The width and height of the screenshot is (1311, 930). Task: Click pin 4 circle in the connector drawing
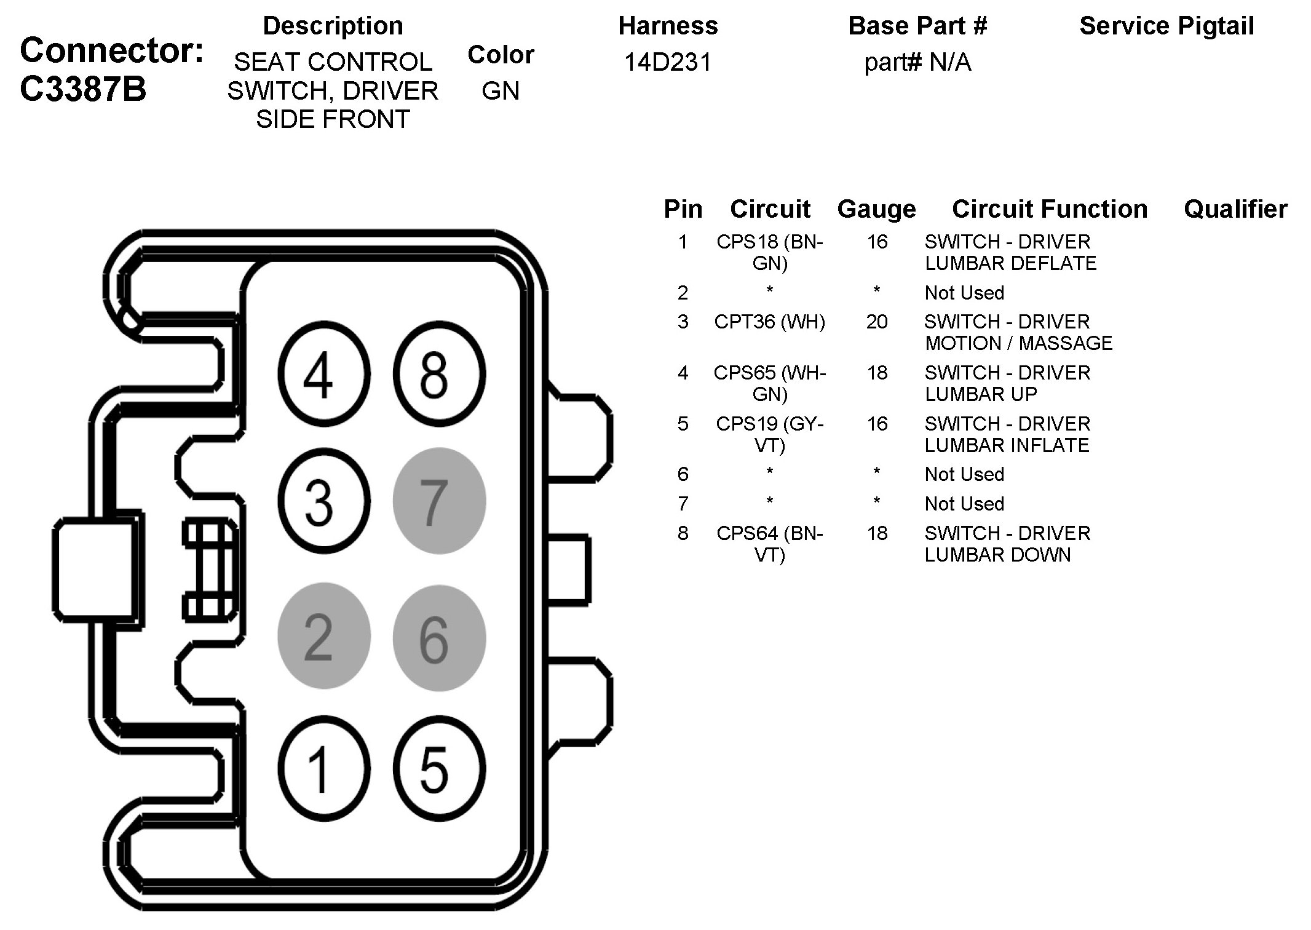(324, 373)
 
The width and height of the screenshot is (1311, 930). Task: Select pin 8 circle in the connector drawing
(439, 373)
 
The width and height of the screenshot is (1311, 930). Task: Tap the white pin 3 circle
(324, 501)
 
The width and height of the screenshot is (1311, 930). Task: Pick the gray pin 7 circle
(439, 501)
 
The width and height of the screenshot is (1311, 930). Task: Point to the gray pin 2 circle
(324, 636)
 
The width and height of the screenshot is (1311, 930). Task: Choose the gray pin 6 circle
(439, 638)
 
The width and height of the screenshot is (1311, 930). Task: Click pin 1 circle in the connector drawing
(324, 769)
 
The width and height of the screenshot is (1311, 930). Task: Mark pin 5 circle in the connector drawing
(439, 769)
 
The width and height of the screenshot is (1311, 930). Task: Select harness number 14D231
(667, 62)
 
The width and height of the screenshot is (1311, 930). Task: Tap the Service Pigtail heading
(1166, 26)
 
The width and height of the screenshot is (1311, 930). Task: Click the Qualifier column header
(1235, 209)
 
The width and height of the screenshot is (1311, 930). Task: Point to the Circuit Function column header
(1050, 209)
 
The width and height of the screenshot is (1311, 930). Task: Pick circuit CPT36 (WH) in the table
(769, 322)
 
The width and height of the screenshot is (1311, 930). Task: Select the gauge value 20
(877, 322)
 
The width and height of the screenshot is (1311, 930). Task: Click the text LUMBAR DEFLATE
(1010, 263)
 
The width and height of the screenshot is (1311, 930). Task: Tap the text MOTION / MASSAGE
(1018, 343)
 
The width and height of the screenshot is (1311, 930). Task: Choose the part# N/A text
(917, 62)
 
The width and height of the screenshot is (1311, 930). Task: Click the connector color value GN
(501, 91)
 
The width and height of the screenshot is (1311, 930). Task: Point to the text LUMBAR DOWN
(997, 555)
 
